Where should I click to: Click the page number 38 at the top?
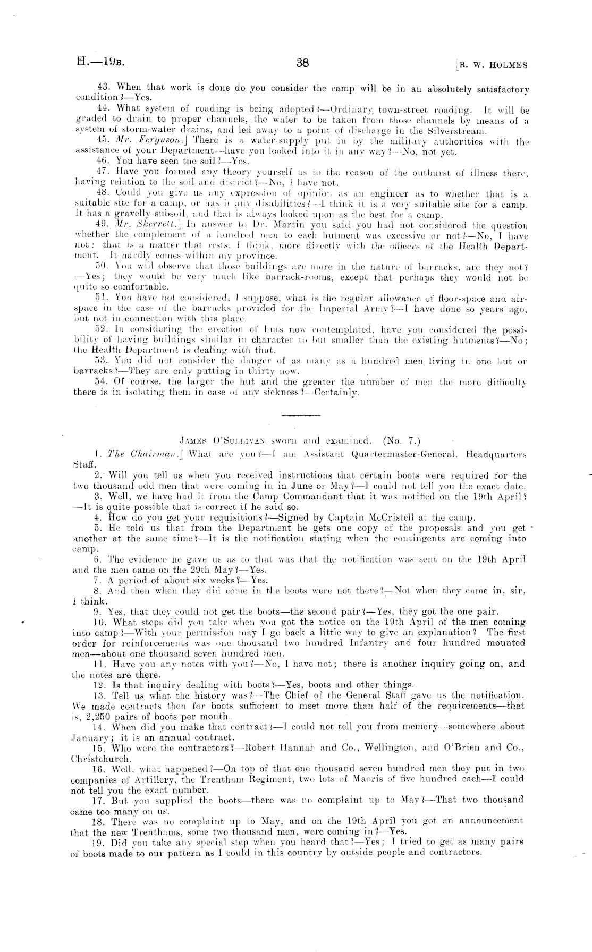click(x=303, y=63)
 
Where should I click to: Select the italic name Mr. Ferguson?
click(x=132, y=142)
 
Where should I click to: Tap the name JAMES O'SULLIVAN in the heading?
click(x=223, y=440)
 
